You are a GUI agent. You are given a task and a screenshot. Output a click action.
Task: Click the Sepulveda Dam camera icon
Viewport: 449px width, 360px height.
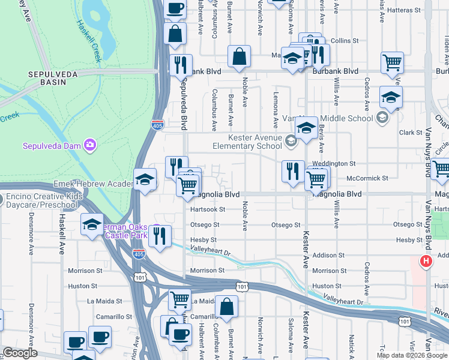click(90, 145)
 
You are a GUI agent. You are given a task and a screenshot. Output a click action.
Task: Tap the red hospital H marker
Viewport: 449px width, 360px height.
click(426, 262)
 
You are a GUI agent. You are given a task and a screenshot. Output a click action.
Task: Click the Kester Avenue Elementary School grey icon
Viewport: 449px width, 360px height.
click(291, 142)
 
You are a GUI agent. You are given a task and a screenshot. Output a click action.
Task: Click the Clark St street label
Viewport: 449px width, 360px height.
click(411, 133)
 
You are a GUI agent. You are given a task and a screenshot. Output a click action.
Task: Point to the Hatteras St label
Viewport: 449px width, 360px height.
click(405, 10)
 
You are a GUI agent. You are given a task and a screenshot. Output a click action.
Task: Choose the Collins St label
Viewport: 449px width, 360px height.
click(345, 41)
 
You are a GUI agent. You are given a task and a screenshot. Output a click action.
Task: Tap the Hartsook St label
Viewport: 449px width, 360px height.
click(207, 209)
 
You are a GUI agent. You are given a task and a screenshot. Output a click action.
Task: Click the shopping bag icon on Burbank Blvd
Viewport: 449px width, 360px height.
click(239, 58)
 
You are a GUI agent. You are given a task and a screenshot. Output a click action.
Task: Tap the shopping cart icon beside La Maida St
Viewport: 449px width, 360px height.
click(180, 299)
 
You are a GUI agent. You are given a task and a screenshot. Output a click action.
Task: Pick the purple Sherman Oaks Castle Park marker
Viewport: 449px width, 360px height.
click(157, 229)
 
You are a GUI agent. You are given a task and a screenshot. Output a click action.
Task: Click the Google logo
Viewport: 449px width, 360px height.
click(19, 353)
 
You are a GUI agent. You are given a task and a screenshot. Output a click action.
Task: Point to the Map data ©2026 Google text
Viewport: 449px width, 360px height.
click(411, 355)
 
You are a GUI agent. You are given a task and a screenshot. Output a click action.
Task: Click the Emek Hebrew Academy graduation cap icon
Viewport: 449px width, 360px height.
click(145, 179)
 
